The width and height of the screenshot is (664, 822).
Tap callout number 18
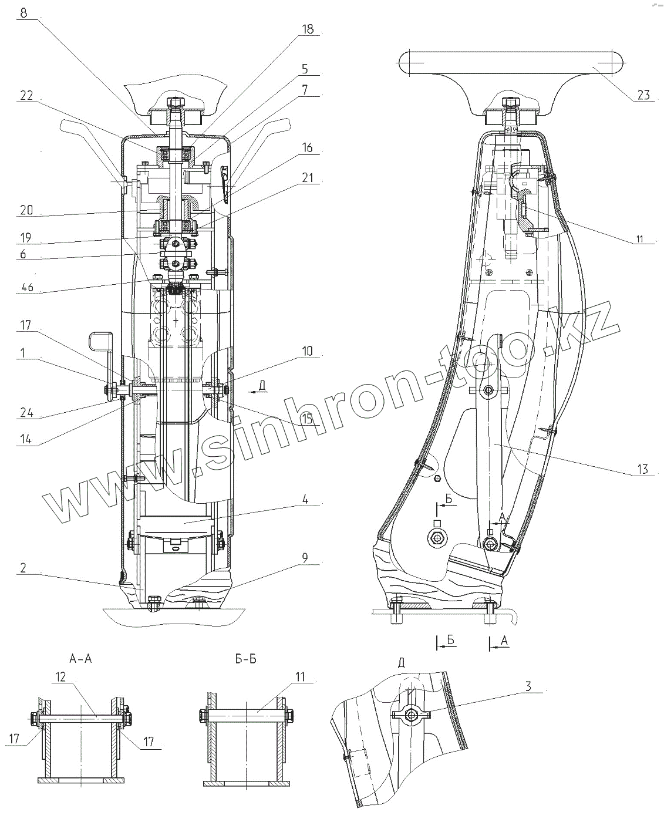(308, 29)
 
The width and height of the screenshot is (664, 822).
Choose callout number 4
(306, 500)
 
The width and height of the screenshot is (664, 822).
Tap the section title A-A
(80, 659)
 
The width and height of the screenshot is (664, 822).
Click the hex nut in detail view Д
(411, 714)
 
